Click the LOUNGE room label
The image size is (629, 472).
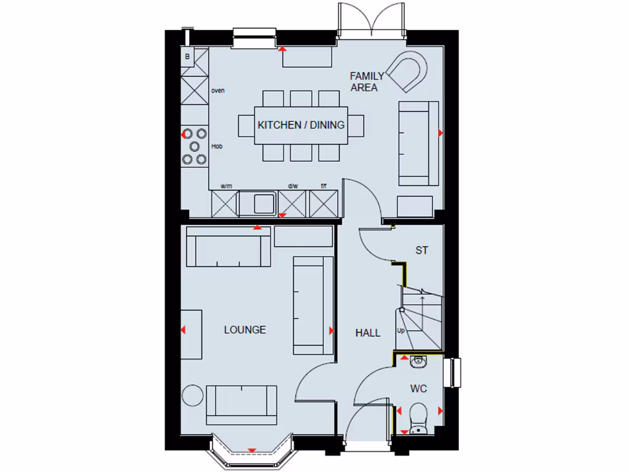point(244,330)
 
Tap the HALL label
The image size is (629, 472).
point(368,333)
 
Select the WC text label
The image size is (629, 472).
point(418,389)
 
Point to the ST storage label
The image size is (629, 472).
point(421,251)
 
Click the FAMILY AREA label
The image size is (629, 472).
point(367,82)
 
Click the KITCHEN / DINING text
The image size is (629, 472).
point(301,125)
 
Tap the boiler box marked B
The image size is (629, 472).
point(187,57)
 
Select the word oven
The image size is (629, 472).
point(217,91)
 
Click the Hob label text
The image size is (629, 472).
point(216,146)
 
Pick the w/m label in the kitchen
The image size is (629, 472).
point(226,186)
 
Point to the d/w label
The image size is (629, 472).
point(292,186)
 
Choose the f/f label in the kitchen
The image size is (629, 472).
point(324,186)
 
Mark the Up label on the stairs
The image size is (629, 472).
point(401,330)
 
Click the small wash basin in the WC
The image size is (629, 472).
point(419,361)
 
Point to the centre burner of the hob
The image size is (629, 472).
point(195,146)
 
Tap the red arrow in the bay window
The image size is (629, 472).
point(251,450)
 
